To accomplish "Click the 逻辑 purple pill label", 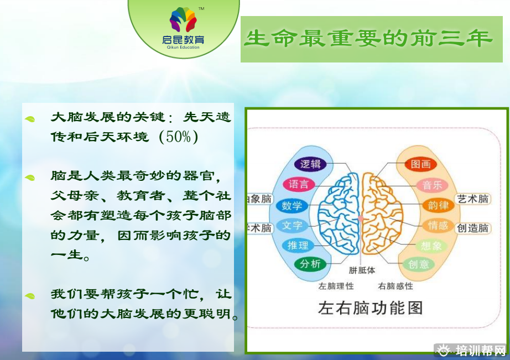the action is point(310,164).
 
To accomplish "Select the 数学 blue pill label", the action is point(292,206).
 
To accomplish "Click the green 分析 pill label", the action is point(310,264).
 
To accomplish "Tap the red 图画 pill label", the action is point(420,164).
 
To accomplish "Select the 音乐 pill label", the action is point(432,185).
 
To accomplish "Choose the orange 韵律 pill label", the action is point(438,205).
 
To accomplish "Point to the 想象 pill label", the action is point(431,246).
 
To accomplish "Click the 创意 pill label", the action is point(419,264).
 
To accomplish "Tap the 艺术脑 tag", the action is point(472,199).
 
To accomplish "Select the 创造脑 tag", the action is point(472,228).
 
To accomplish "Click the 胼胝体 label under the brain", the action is point(362,270).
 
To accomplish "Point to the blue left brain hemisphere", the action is point(339,215).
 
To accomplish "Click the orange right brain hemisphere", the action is point(382,214).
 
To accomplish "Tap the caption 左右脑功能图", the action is point(370,307).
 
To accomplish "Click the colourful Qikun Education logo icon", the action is point(183,19).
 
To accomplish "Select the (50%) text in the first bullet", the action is point(179,137).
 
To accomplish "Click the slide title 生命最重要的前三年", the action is point(368,38).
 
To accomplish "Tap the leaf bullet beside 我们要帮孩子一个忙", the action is point(30,296).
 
